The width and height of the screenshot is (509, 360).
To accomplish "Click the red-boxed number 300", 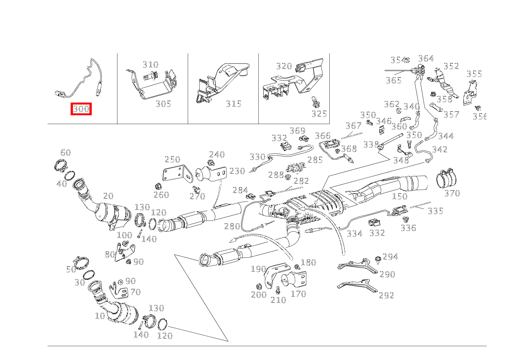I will click(81, 109).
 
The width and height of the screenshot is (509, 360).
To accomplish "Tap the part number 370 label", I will click(452, 193).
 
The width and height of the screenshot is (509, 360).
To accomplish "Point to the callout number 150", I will click(399, 197).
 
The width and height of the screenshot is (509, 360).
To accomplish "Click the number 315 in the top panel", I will click(233, 104).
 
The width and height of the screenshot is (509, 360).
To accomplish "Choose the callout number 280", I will click(232, 226).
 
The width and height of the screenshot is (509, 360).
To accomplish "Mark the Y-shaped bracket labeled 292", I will click(357, 286).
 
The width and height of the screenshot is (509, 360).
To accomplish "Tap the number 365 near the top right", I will click(393, 80).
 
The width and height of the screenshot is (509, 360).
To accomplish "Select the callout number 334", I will click(354, 234).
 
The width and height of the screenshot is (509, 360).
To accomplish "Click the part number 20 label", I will click(108, 196).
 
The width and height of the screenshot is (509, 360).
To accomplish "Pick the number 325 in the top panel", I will click(319, 114).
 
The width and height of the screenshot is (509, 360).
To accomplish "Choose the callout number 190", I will click(258, 269).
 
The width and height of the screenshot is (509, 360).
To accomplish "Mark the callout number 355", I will click(474, 74).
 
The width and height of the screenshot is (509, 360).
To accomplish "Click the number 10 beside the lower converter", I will click(100, 316).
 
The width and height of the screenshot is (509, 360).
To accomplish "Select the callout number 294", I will click(390, 257).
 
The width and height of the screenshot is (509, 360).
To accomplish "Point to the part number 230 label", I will click(237, 171).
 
